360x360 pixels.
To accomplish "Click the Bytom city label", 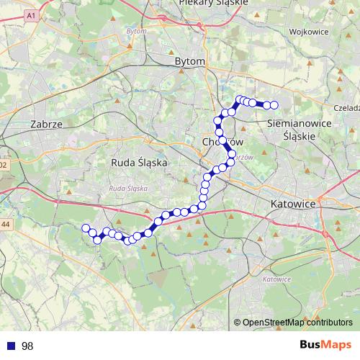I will click(x=190, y=62).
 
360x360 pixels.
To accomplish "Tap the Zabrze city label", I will click(x=48, y=124).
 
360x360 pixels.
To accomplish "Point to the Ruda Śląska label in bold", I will click(x=140, y=163).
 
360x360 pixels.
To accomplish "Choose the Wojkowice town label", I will click(x=308, y=32).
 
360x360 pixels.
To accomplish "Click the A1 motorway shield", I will click(x=30, y=15).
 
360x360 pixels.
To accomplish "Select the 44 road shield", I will click(x=5, y=225).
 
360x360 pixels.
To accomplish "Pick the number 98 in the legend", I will click(x=27, y=346).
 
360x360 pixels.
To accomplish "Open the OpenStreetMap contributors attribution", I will click(x=297, y=323).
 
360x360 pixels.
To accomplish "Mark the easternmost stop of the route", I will click(x=274, y=106).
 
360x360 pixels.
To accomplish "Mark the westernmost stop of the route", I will click(x=85, y=228).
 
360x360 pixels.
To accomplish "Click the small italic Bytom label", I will click(x=135, y=32).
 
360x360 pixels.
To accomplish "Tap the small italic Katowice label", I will click(x=276, y=279).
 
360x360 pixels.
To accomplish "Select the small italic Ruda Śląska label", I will click(x=127, y=188).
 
